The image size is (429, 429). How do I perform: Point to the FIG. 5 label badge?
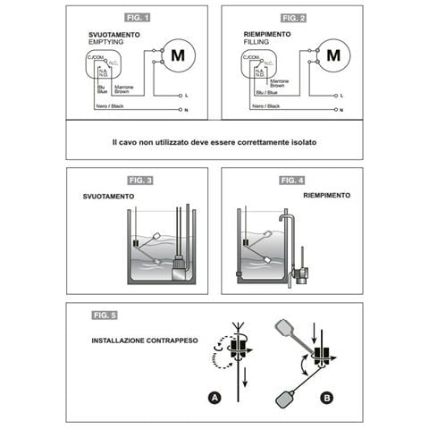105,315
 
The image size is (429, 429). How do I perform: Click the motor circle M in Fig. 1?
177,54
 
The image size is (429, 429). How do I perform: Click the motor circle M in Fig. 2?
332,54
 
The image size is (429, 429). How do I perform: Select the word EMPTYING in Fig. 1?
106,42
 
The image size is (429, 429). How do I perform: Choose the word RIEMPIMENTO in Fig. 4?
326,194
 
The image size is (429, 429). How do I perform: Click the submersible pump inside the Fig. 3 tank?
179,265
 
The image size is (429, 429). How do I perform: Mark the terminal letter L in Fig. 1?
184,94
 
